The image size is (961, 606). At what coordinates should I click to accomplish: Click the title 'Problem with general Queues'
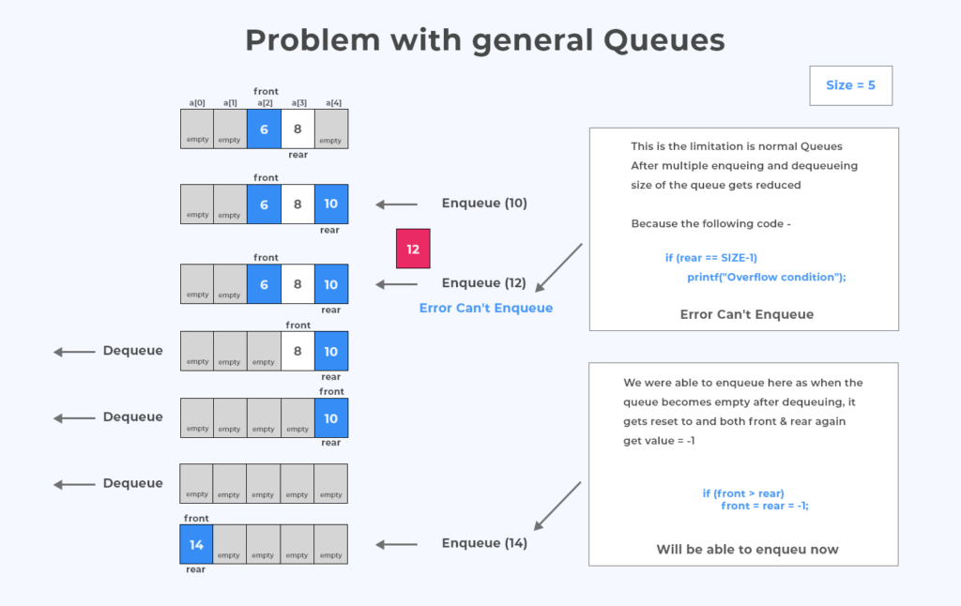[484, 40]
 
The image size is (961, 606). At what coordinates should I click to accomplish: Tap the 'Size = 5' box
[850, 85]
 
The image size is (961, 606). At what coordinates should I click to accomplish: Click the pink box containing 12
[413, 250]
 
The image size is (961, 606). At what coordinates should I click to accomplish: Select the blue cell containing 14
[196, 544]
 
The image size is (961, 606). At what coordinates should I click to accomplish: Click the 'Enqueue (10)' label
[484, 204]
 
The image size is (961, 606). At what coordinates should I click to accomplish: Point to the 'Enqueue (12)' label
[484, 283]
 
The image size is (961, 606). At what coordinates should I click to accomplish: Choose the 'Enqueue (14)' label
[484, 543]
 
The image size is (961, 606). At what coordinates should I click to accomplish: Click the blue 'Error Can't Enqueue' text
[485, 308]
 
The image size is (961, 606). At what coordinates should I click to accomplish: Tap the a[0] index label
[197, 103]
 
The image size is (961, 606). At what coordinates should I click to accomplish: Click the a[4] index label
[331, 103]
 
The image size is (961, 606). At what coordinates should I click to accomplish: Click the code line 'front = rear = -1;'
[765, 506]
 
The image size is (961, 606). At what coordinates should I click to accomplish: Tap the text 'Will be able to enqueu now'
[747, 550]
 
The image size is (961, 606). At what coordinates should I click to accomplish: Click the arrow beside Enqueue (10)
[395, 204]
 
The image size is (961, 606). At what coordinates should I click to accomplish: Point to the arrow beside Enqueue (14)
[395, 543]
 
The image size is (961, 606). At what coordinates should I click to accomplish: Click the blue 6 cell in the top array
[264, 129]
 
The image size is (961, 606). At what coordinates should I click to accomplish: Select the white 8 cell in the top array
[297, 129]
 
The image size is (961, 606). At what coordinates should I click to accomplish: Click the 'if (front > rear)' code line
[742, 493]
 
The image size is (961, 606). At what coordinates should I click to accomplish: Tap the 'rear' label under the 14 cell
[195, 569]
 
